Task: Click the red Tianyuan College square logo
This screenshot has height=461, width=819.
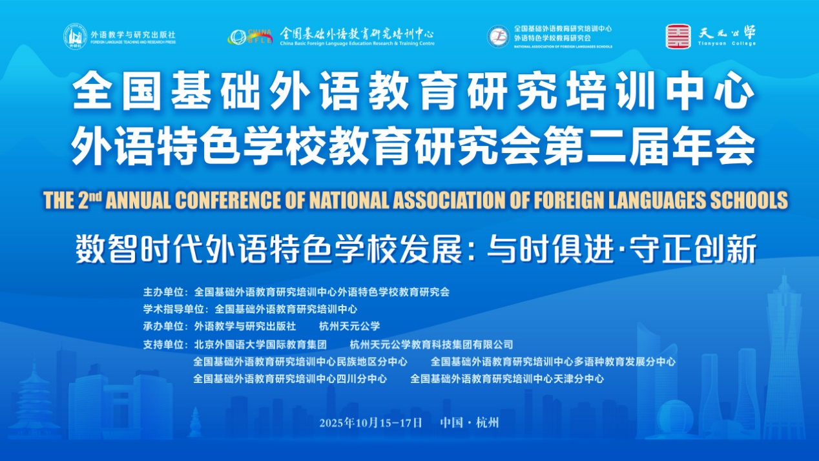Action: [x=678, y=36]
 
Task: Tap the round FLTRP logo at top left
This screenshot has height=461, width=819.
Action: [x=76, y=36]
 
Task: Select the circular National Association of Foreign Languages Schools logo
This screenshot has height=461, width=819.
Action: [x=498, y=36]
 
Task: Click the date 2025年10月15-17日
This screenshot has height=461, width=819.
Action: [x=371, y=423]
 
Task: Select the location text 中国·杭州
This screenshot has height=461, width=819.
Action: [x=470, y=423]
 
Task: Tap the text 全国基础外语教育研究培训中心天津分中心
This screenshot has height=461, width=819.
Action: [x=507, y=379]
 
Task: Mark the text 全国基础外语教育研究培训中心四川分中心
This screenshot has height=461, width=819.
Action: [x=290, y=379]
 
